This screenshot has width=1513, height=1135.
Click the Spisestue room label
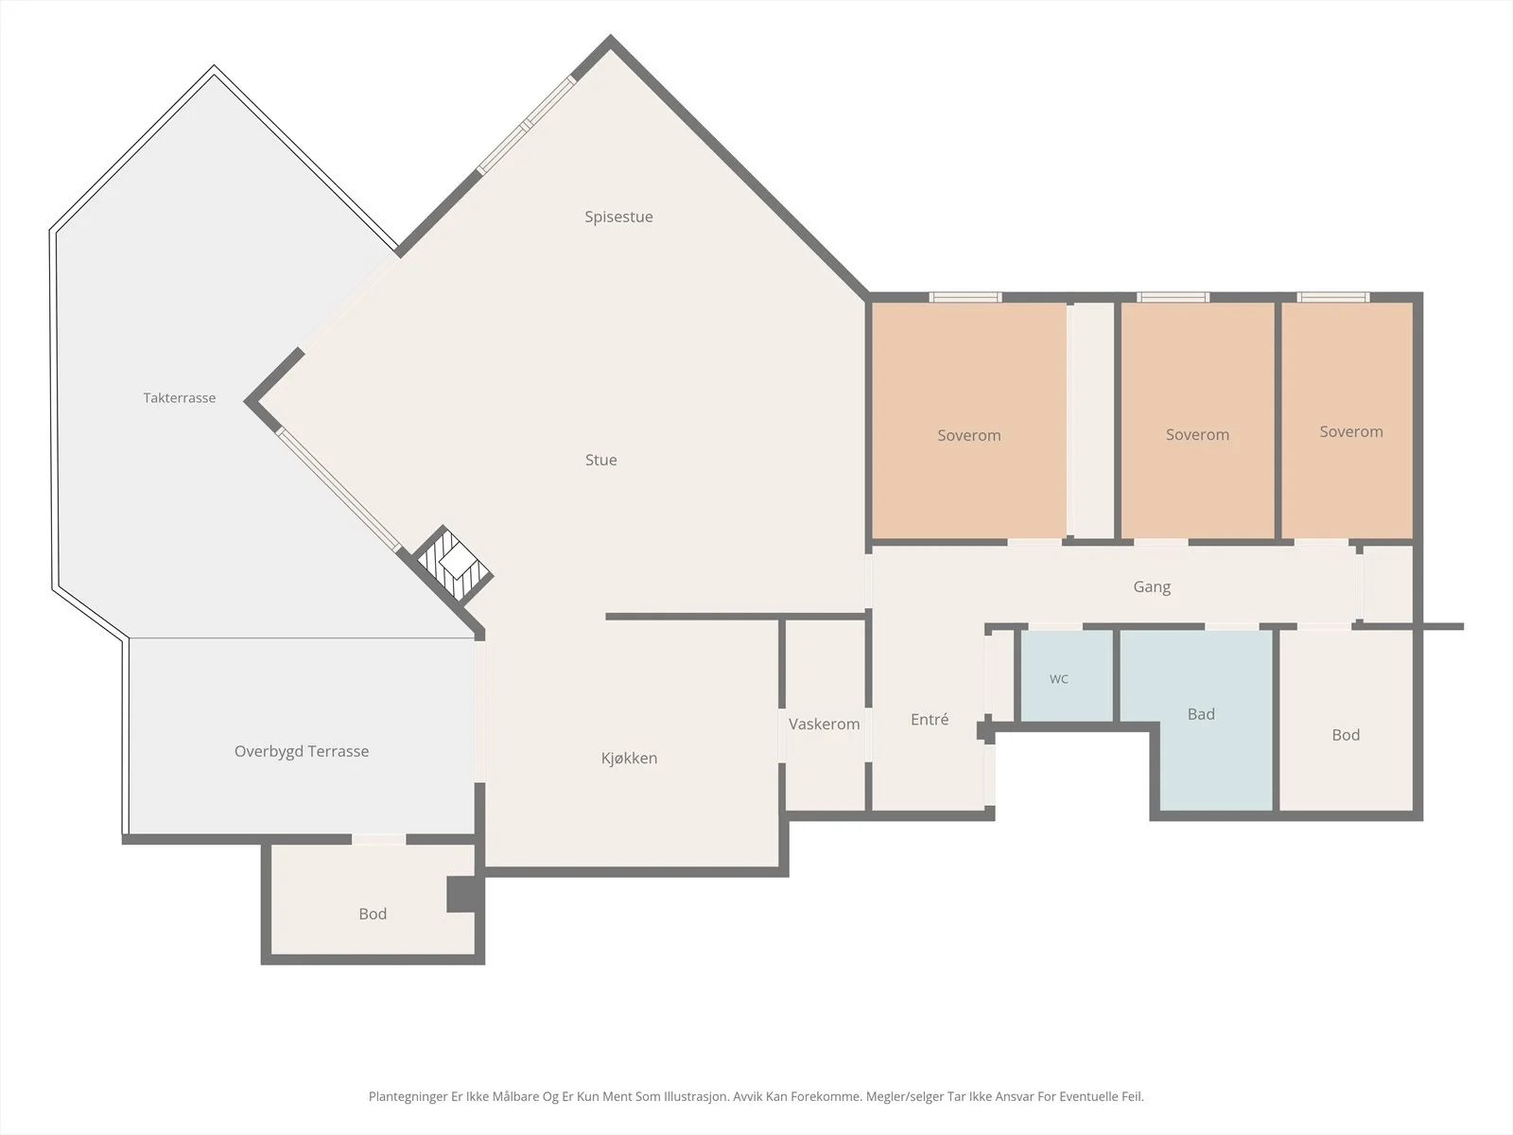click(x=618, y=218)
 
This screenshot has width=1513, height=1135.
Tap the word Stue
click(x=600, y=460)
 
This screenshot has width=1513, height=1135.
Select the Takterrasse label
click(x=180, y=397)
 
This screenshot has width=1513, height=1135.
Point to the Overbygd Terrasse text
click(x=302, y=751)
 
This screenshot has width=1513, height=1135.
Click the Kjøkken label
click(x=629, y=758)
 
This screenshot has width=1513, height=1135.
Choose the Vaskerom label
click(x=824, y=725)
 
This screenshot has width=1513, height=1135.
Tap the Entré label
click(x=930, y=720)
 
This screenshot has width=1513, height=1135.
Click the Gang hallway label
click(x=1152, y=587)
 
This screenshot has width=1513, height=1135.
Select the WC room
click(x=1066, y=676)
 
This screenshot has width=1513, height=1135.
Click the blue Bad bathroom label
click(x=1201, y=714)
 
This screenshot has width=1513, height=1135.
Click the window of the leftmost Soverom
click(x=965, y=297)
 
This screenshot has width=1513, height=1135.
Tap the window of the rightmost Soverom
click(x=1333, y=297)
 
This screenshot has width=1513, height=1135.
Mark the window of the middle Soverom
click(x=1173, y=297)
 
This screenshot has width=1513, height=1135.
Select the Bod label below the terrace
click(x=373, y=914)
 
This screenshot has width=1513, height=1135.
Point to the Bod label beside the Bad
click(x=1346, y=735)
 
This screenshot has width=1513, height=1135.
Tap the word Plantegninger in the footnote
click(x=409, y=1096)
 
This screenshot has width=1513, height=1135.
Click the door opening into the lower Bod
click(x=378, y=839)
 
